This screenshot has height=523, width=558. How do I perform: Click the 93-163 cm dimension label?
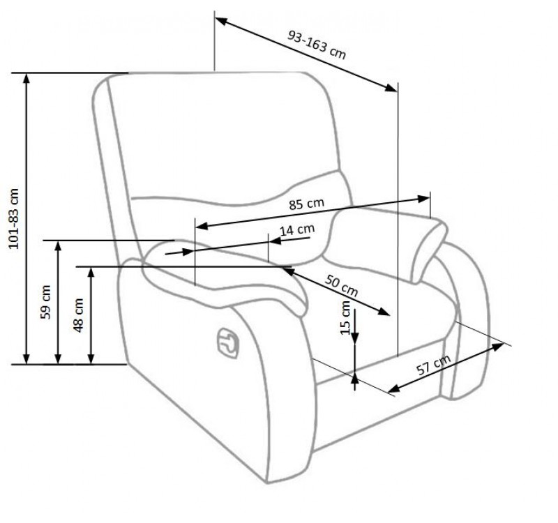point(317,45)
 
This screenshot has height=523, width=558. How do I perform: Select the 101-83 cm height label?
point(13,218)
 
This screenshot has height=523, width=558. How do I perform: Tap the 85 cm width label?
point(306,204)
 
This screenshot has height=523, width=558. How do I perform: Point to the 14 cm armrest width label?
point(297,230)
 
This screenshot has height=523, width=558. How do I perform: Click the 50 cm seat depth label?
point(341,286)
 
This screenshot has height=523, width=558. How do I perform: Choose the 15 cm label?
point(345,318)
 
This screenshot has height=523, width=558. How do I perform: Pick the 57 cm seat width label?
point(433,365)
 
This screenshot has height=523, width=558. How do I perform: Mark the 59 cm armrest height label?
point(45,302)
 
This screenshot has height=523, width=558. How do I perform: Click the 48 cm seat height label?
point(78,315)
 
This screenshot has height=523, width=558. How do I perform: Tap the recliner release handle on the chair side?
point(228,342)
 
